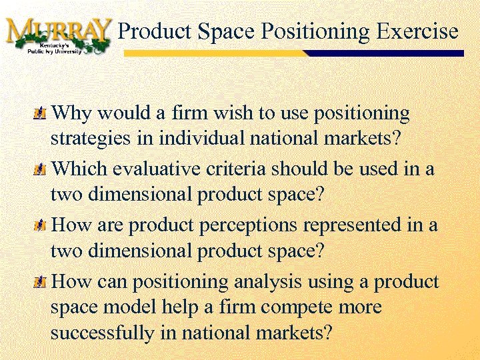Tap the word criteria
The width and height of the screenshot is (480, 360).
pos(233,169)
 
